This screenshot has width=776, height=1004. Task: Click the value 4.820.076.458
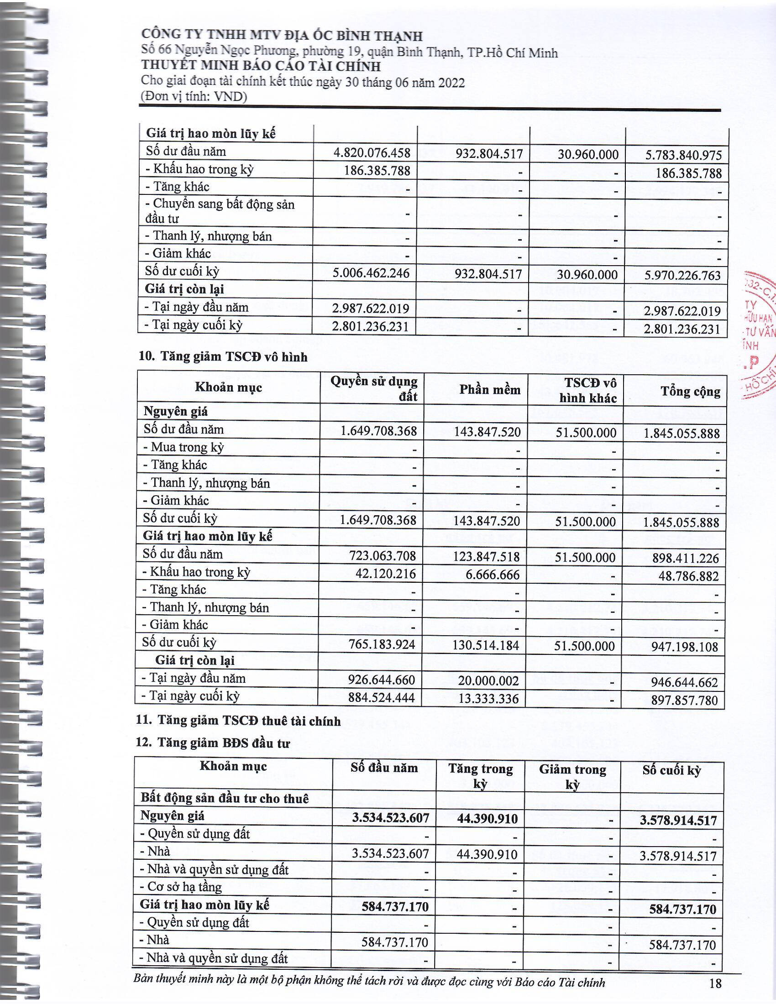372,152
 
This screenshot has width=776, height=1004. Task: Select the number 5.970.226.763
683,276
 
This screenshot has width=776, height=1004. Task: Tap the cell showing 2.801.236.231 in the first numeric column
371,327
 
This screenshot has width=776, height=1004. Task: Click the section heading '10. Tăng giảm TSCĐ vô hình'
223,357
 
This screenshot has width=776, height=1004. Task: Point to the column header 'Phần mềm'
490,390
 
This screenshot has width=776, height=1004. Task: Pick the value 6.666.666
493,575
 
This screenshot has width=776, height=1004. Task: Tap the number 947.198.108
685,647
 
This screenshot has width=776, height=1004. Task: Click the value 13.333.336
489,699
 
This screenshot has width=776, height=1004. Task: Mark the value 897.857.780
685,700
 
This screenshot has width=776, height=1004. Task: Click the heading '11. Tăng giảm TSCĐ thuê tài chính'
239,721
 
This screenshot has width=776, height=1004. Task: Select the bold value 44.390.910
487,818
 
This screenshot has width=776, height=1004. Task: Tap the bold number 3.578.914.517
678,820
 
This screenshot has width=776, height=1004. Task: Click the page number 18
715,983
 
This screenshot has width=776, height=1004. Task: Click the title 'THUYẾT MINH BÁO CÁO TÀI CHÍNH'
261,67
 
